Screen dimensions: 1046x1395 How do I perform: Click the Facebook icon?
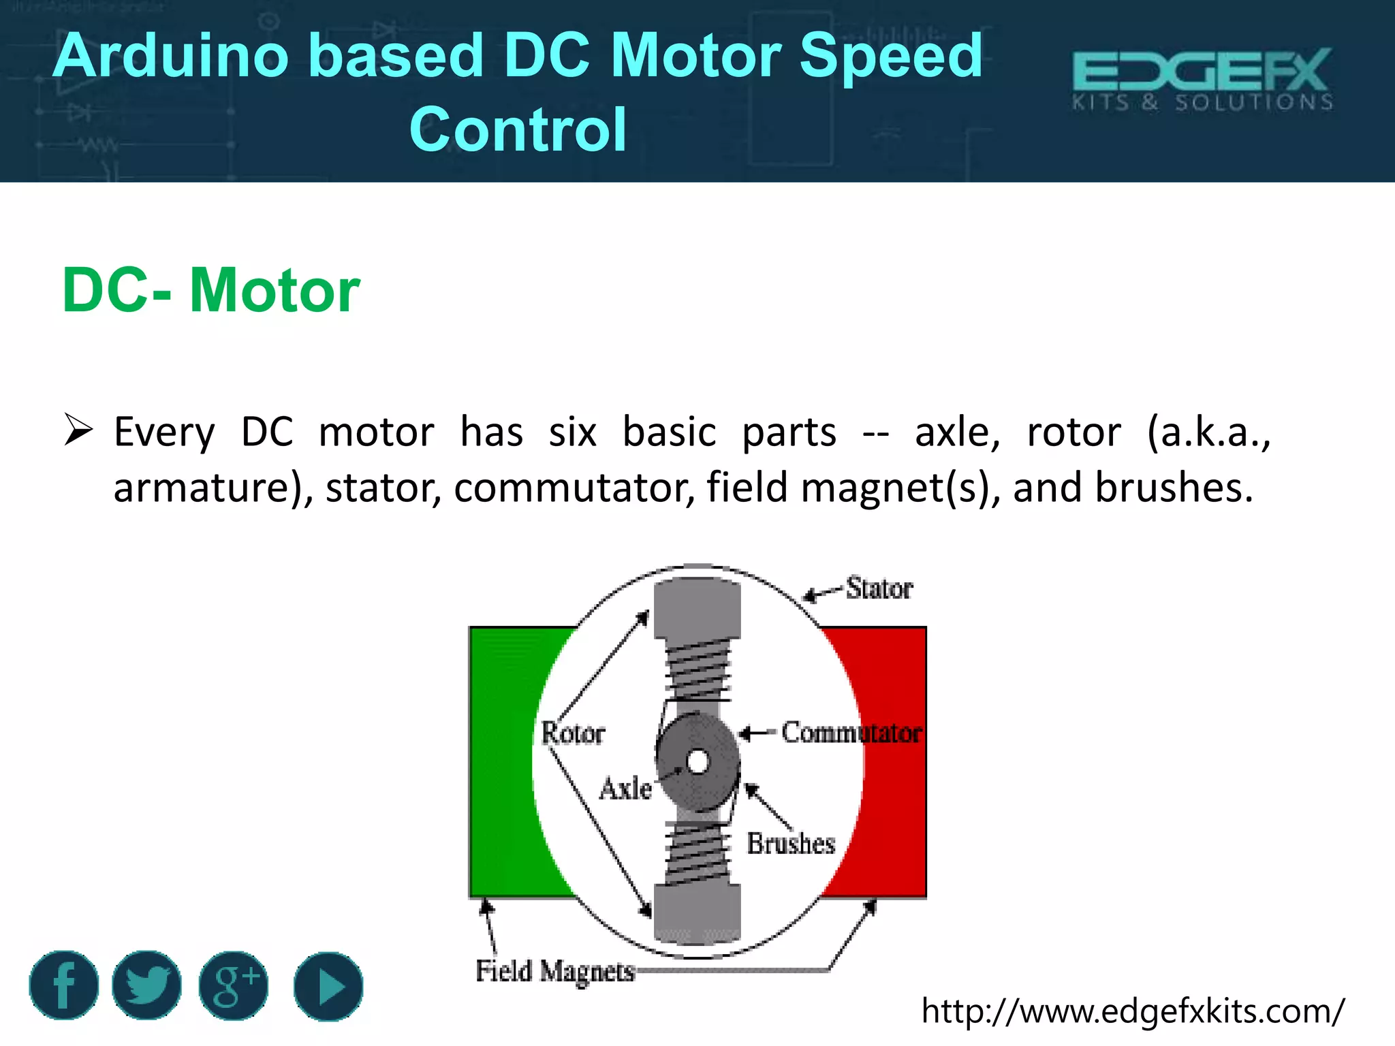click(x=63, y=985)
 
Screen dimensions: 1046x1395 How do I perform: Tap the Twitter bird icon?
click(x=146, y=985)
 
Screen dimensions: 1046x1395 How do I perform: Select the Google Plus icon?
click(x=234, y=985)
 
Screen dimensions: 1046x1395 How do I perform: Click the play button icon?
click(x=328, y=986)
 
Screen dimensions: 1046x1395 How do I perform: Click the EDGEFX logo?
click(x=1202, y=79)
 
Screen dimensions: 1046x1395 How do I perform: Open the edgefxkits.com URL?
click(x=1133, y=1011)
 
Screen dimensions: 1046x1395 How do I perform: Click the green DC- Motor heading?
click(x=210, y=290)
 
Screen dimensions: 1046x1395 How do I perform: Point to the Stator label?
click(x=879, y=588)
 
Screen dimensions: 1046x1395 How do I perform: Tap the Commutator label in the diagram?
click(x=851, y=733)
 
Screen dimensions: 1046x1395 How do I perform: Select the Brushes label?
click(x=791, y=843)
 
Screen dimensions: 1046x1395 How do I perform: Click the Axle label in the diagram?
click(x=625, y=789)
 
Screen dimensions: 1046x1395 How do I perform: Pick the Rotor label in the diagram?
click(x=573, y=733)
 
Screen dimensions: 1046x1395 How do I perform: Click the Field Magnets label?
click(x=555, y=971)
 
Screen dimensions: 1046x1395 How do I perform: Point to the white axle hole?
click(x=697, y=761)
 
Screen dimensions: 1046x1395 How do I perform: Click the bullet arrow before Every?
click(x=78, y=430)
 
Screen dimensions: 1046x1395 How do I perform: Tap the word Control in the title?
click(x=518, y=129)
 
